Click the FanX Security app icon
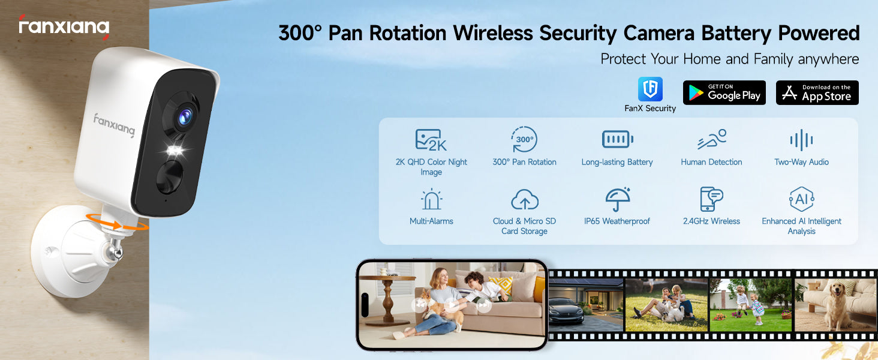pyautogui.click(x=650, y=89)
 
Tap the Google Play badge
pyautogui.click(x=724, y=92)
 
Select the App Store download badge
pyautogui.click(x=817, y=92)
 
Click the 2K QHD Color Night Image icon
pyautogui.click(x=431, y=140)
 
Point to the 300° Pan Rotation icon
pyautogui.click(x=524, y=139)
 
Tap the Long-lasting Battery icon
pyautogui.click(x=617, y=139)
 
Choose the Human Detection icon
pyautogui.click(x=712, y=139)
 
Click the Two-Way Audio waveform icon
pyautogui.click(x=801, y=140)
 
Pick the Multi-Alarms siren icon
pyautogui.click(x=431, y=199)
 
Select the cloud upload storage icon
pyautogui.click(x=524, y=200)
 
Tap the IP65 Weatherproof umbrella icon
pyautogui.click(x=618, y=199)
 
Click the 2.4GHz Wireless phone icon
pyautogui.click(x=711, y=199)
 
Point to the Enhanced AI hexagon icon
pyautogui.click(x=802, y=199)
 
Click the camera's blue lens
pyautogui.click(x=185, y=117)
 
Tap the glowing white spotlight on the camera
pyautogui.click(x=175, y=150)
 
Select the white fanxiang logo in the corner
pyautogui.click(x=64, y=27)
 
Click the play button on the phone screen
pyautogui.click(x=452, y=305)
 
